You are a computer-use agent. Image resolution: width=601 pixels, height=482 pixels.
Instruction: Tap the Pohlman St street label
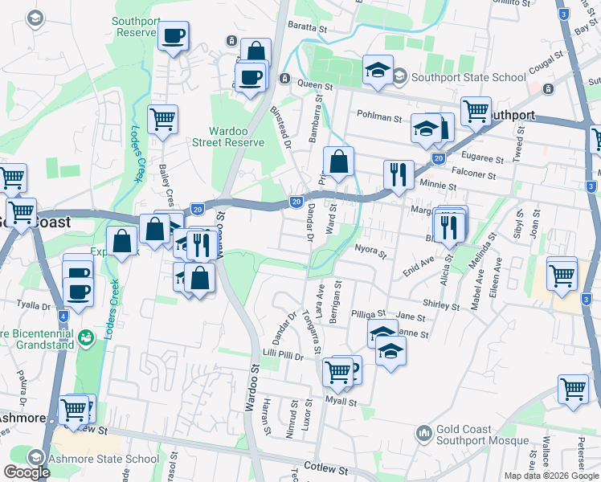click(379, 117)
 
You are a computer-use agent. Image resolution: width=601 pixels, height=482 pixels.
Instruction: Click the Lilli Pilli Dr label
click(284, 355)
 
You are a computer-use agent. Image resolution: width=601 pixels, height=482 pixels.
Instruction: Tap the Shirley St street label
click(441, 306)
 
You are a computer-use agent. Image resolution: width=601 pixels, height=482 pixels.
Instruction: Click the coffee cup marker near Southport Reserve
click(174, 36)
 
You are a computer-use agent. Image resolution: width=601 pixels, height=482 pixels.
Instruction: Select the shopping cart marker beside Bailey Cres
click(163, 119)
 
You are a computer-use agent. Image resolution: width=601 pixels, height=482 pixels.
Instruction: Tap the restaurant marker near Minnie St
click(399, 174)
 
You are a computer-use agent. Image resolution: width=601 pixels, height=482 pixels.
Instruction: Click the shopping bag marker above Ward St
click(339, 161)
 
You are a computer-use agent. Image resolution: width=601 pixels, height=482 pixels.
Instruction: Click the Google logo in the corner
click(27, 472)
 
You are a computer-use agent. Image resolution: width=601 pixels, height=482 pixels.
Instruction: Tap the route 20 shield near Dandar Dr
click(296, 201)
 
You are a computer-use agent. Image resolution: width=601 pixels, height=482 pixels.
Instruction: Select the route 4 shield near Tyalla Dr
click(63, 316)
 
